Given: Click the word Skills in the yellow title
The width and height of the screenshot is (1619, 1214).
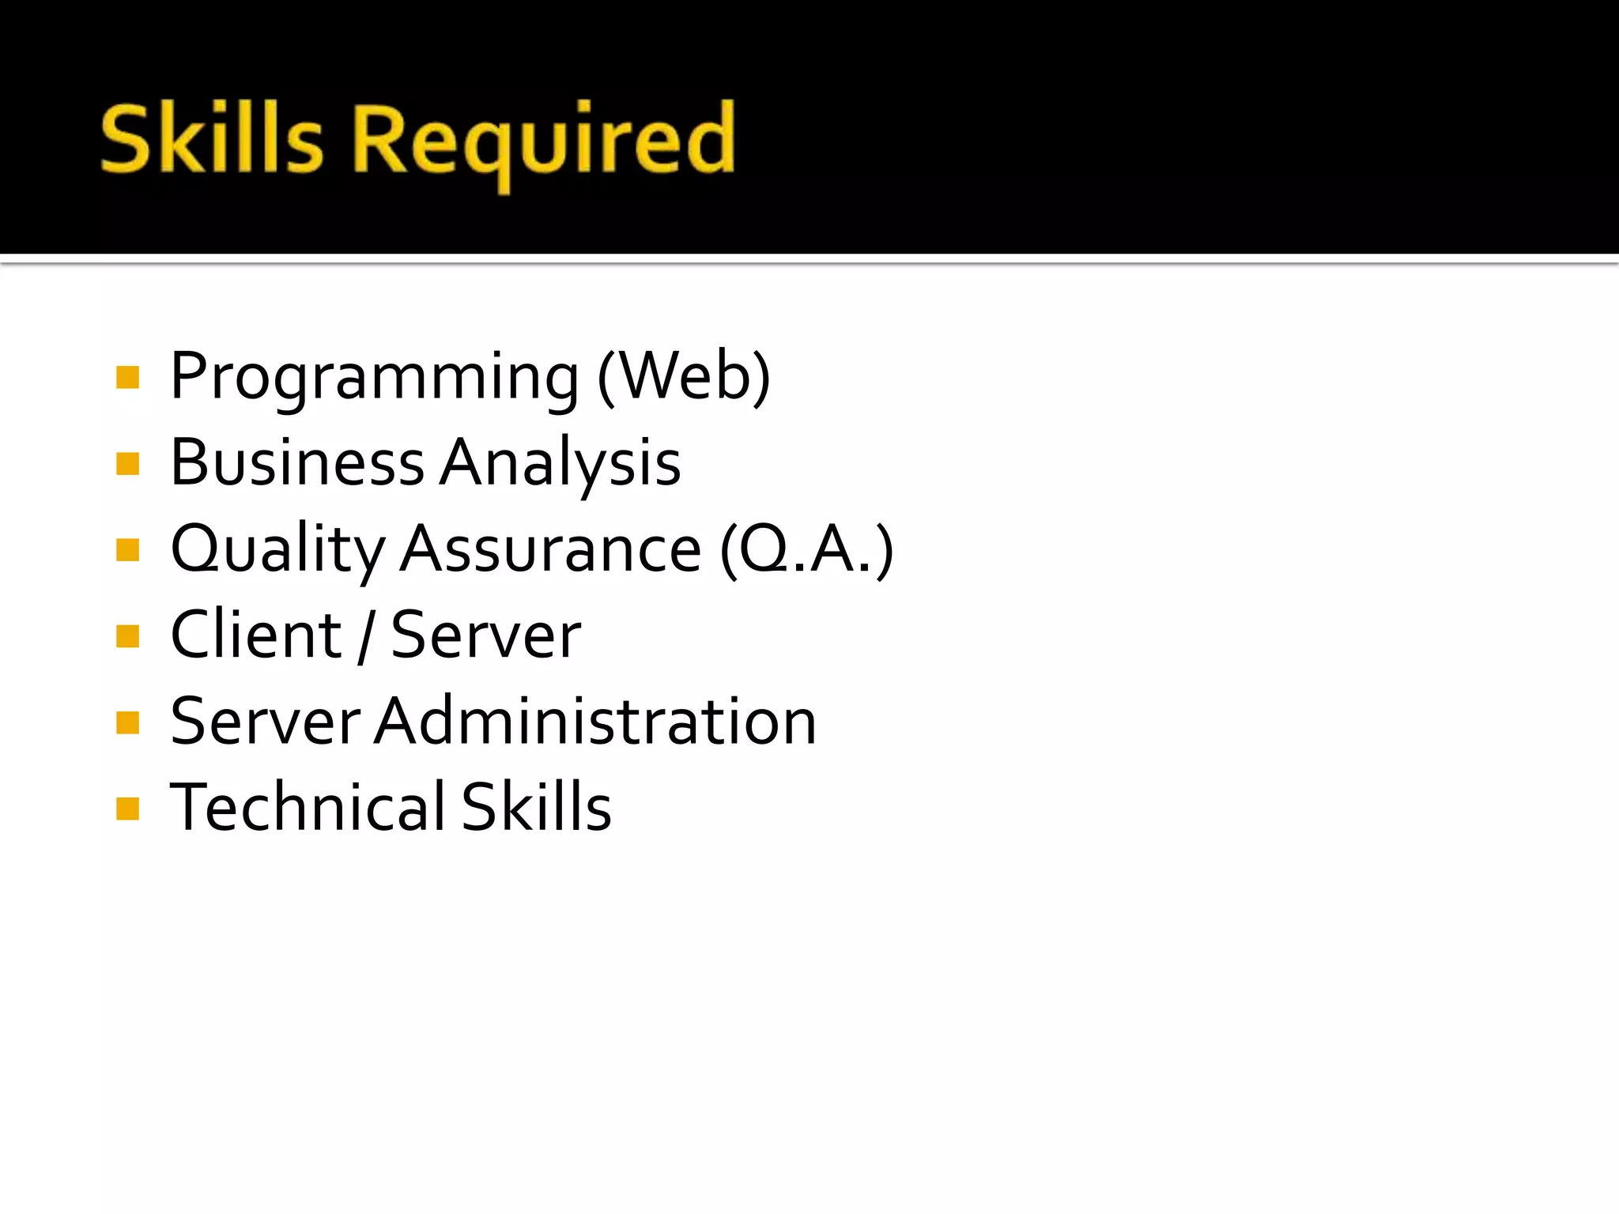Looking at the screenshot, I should coord(212,139).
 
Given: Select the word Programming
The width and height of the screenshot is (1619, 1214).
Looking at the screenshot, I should coord(375,378).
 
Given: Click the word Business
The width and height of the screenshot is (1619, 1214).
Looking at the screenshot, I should coord(297,462).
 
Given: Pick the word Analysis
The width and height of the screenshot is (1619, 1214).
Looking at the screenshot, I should coord(560,464).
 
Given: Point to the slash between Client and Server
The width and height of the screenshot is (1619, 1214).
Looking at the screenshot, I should coord(365,636).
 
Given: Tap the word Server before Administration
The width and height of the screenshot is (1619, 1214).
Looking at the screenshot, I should coord(266,722).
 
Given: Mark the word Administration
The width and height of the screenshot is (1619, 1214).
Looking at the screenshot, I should coord(596,722).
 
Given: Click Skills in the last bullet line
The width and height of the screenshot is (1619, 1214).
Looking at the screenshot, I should coord(537,807).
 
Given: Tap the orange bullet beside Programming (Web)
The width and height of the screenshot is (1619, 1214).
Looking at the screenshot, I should coord(127,378).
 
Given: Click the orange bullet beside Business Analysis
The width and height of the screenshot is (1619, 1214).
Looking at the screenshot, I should coord(127,463).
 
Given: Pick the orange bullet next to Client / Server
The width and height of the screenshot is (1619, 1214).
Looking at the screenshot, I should coord(127,635).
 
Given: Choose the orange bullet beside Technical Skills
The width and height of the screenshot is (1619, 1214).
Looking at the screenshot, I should coord(127,808).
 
